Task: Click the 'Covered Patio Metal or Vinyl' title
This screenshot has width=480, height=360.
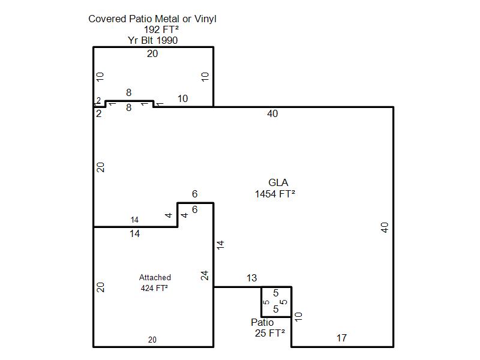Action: coord(152,19)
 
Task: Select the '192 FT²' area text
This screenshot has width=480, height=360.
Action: coord(161,29)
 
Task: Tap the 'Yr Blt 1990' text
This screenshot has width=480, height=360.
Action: coord(153,40)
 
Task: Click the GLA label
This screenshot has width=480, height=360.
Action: coord(278,182)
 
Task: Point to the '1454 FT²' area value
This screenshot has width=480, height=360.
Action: coord(275,194)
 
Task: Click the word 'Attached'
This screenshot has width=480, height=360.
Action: coord(155,277)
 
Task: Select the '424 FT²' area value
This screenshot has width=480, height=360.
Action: coord(154,288)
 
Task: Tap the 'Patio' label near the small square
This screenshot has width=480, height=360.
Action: coord(262,322)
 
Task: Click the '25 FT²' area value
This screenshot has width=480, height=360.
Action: coord(269,333)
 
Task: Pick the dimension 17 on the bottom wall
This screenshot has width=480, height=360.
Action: coord(341,338)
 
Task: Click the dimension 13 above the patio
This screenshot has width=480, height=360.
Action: coord(251,278)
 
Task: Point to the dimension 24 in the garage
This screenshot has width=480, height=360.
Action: coord(205,275)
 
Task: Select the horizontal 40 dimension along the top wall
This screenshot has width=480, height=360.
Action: coord(272,113)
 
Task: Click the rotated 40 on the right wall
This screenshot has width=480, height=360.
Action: coord(385,227)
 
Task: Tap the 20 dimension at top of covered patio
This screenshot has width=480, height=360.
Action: coord(152,53)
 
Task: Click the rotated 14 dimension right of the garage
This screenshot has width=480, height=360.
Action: coord(220,245)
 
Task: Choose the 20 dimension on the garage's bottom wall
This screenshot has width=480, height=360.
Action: coord(152,340)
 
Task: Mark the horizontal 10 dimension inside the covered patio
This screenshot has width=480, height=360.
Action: coord(182,98)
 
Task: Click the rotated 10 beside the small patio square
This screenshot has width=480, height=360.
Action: coord(298,317)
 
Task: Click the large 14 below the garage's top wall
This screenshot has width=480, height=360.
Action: coord(134,234)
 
